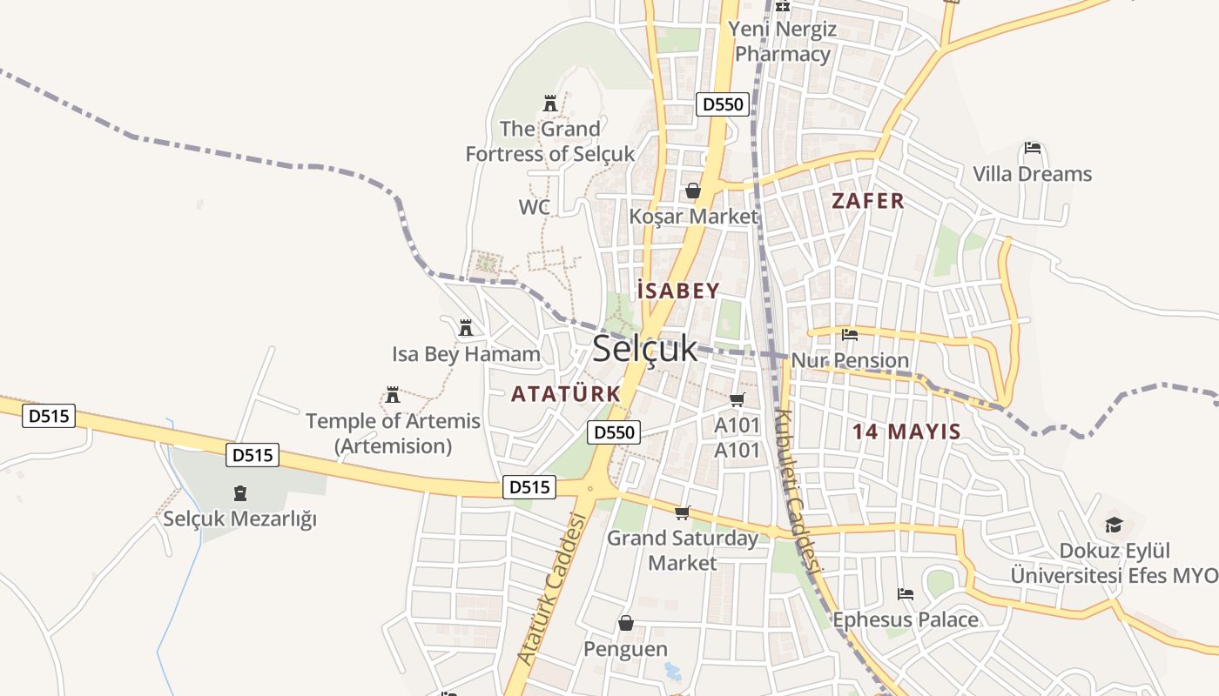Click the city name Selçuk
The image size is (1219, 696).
[x=644, y=349]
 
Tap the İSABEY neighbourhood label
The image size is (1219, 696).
[x=678, y=291]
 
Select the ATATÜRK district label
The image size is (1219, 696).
[x=566, y=394]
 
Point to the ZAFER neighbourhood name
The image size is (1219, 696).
[x=868, y=201]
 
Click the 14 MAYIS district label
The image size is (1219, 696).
[x=906, y=432]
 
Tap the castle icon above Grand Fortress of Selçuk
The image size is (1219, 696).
[x=549, y=104]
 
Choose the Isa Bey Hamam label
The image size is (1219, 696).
[x=466, y=354]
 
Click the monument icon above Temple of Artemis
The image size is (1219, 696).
[x=393, y=396]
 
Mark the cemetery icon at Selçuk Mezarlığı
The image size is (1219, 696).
[x=240, y=494]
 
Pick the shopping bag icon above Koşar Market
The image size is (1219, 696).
[x=693, y=191]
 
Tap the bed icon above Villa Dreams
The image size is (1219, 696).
[x=1033, y=148]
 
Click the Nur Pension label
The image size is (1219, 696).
[x=850, y=360]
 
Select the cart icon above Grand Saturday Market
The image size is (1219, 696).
[x=683, y=512]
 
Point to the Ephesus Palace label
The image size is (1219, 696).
[x=906, y=620]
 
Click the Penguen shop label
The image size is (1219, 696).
[x=625, y=649]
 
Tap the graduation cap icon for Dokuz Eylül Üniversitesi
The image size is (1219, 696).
[x=1114, y=525]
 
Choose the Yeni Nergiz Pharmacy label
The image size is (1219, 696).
[x=783, y=41]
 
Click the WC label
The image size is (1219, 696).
[x=535, y=207]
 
